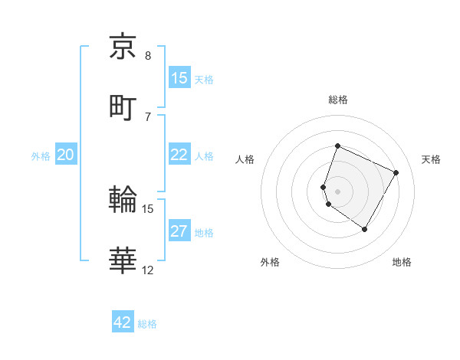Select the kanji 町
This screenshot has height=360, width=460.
coord(123,106)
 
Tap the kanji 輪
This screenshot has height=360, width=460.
coord(123,200)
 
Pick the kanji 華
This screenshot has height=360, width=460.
coord(123,260)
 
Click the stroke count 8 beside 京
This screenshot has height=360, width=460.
coord(148,55)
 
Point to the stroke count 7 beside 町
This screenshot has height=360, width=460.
coord(148,116)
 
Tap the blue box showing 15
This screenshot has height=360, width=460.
coord(179,78)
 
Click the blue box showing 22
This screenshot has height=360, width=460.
coord(179,155)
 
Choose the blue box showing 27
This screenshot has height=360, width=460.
coord(179,231)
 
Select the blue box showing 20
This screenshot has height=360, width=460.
coord(65,155)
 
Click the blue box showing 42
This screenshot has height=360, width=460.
coord(123,322)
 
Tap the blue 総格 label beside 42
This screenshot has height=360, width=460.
coord(147,324)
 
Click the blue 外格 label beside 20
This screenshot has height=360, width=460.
coord(41,156)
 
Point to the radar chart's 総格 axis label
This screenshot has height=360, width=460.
coord(338,100)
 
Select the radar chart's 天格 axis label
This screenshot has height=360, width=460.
coord(431,159)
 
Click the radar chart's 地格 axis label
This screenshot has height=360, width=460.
coord(402,262)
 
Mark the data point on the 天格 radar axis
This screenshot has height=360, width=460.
coord(396,172)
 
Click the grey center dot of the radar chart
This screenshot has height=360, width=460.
coord(338,191)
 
